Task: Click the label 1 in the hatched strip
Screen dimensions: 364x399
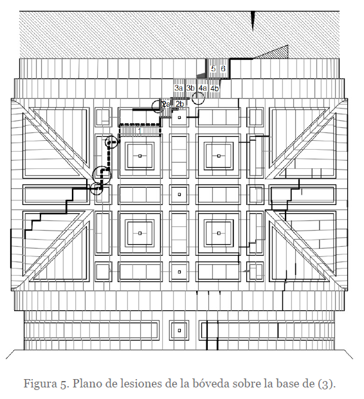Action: coord(140,131)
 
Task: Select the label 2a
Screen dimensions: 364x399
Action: coord(166,104)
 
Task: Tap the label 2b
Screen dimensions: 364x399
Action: coord(179,104)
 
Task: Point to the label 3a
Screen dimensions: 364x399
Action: coord(179,88)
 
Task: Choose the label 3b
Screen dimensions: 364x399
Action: coord(190,88)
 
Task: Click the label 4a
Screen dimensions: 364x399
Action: coord(203,88)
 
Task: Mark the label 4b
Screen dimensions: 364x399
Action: coord(215,88)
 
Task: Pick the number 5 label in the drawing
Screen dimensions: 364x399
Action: coord(214,69)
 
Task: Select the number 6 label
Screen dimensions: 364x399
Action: coord(223,69)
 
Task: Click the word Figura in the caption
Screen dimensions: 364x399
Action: coord(41,384)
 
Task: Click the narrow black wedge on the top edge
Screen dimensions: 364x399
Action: coord(253,21)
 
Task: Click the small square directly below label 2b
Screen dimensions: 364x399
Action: coord(179,118)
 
